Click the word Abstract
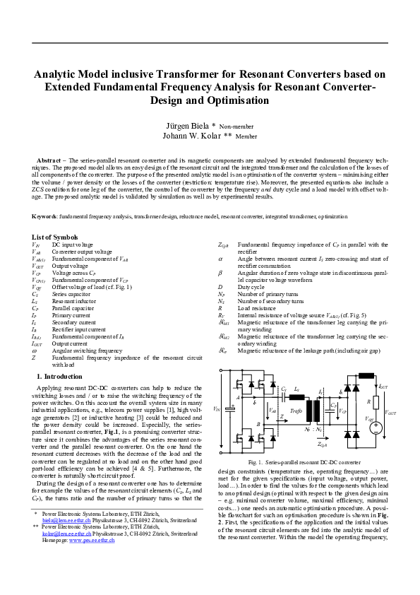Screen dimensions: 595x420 coord(49,162)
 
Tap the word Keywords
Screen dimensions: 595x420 coord(46,216)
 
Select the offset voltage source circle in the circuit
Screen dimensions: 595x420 coord(376,427)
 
